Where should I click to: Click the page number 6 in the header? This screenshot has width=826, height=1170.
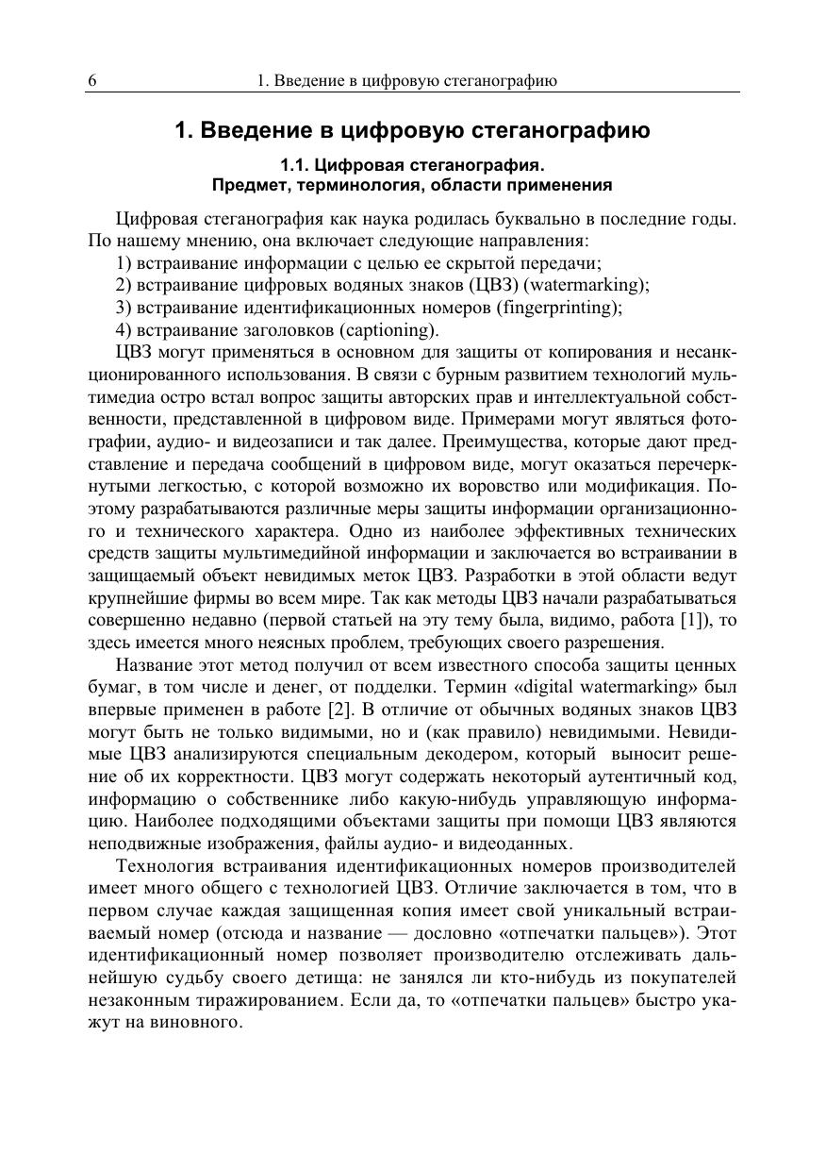[92, 80]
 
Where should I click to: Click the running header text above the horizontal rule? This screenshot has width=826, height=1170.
[407, 80]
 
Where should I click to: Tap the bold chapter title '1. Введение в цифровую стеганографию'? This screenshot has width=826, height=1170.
[412, 130]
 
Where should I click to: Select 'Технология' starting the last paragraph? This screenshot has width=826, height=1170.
[162, 865]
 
